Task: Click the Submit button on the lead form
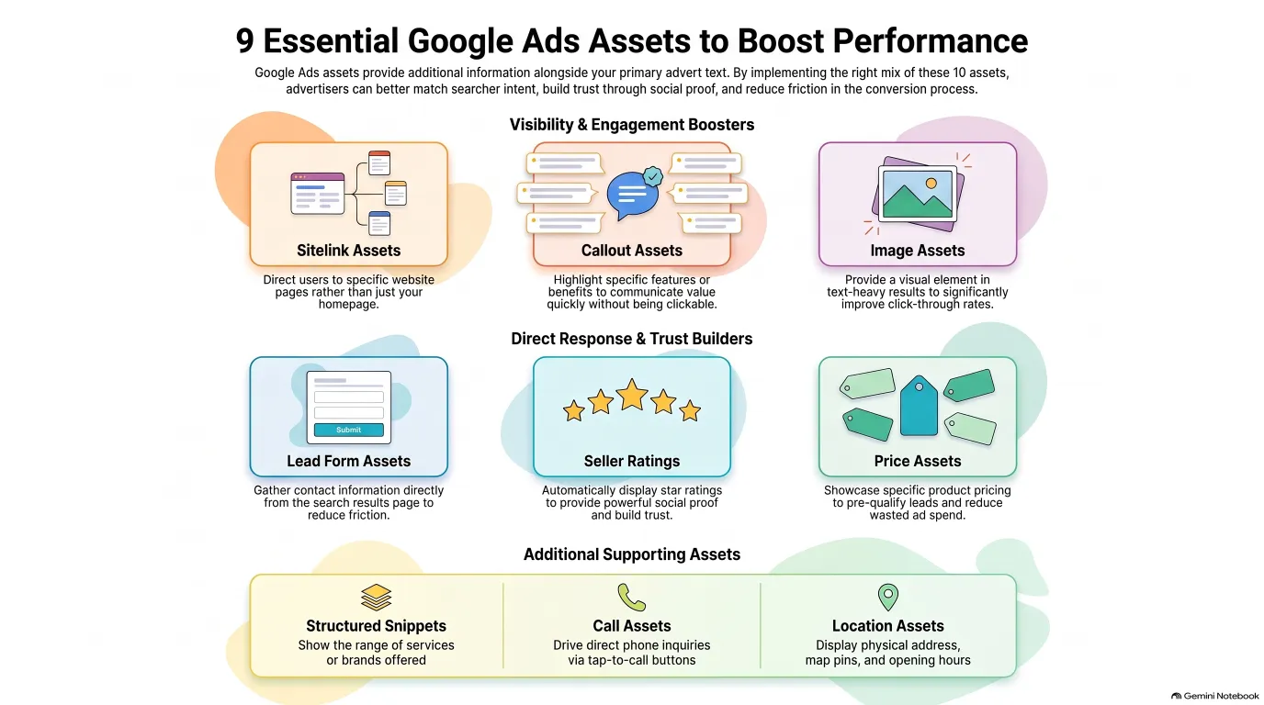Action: [x=349, y=430]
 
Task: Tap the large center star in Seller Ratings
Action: [x=631, y=394]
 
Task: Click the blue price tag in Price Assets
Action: [x=919, y=406]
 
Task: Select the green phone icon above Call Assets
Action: [x=631, y=598]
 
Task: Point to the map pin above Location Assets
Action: [x=887, y=596]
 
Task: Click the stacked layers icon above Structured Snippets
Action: [x=376, y=598]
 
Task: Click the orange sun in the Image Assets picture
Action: [x=931, y=184]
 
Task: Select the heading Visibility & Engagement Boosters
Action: [x=631, y=125]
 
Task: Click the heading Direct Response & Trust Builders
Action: [x=631, y=339]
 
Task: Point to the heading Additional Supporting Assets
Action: [x=631, y=554]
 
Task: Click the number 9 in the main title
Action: [x=244, y=41]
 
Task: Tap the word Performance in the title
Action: [x=930, y=41]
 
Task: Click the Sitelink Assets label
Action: [x=349, y=251]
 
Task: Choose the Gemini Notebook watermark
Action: [x=1214, y=696]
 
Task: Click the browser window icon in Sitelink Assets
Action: [x=317, y=194]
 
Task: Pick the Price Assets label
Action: [x=918, y=462]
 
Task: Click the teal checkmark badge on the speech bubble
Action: [x=653, y=176]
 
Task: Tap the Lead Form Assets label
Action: [x=349, y=462]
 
